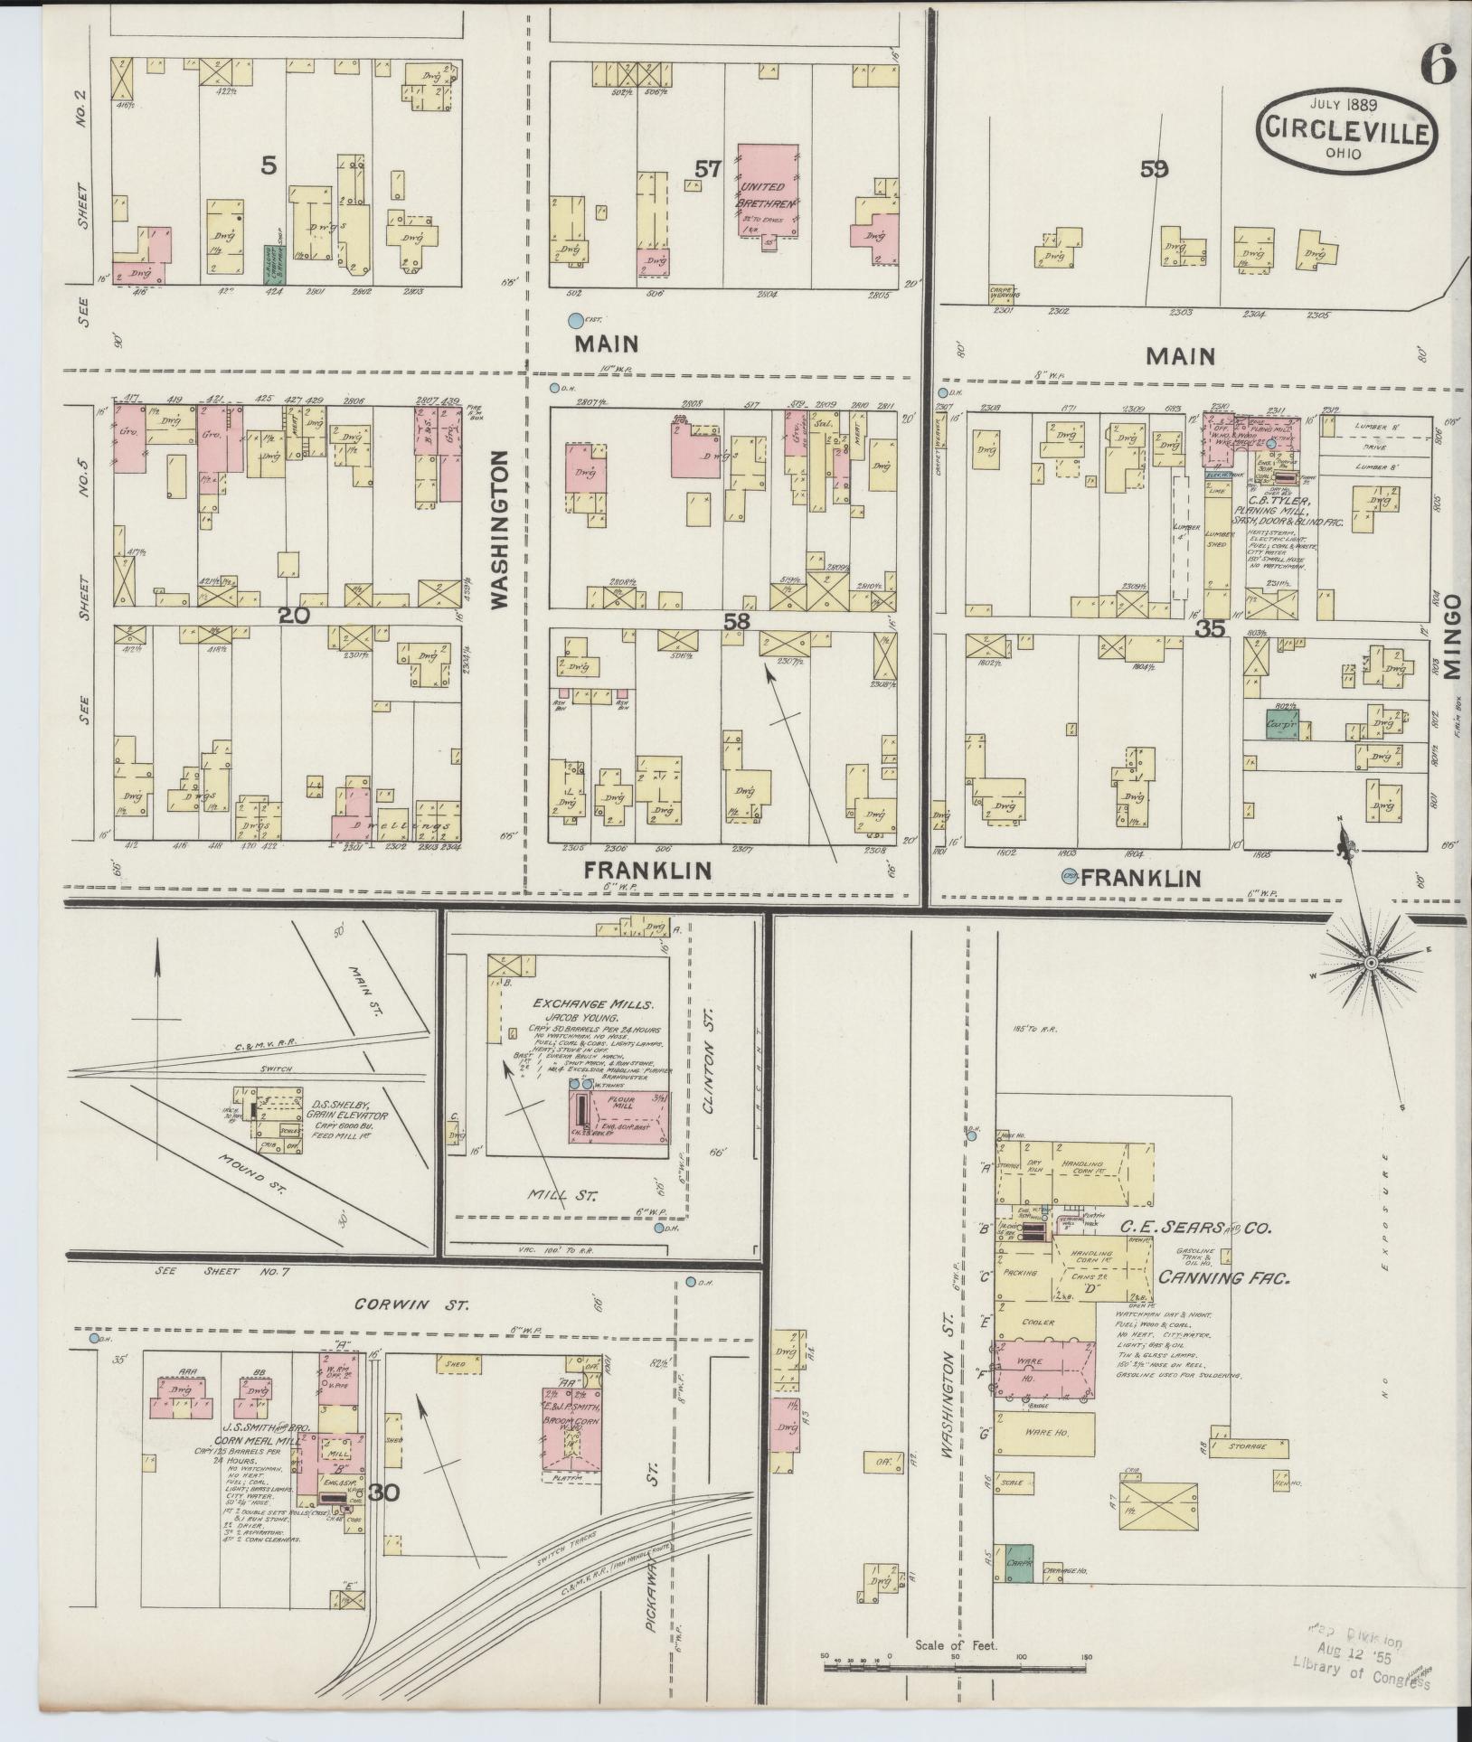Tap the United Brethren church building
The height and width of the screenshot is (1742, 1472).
pos(768,192)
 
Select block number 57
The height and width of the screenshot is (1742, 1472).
pos(708,168)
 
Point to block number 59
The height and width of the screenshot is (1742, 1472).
pos(1155,168)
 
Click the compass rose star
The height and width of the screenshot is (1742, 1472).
pos(1371,964)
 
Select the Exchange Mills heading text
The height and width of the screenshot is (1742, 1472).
pos(592,1004)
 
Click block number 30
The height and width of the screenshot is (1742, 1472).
pos(383,1492)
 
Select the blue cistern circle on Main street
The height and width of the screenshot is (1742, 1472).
pos(574,319)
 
